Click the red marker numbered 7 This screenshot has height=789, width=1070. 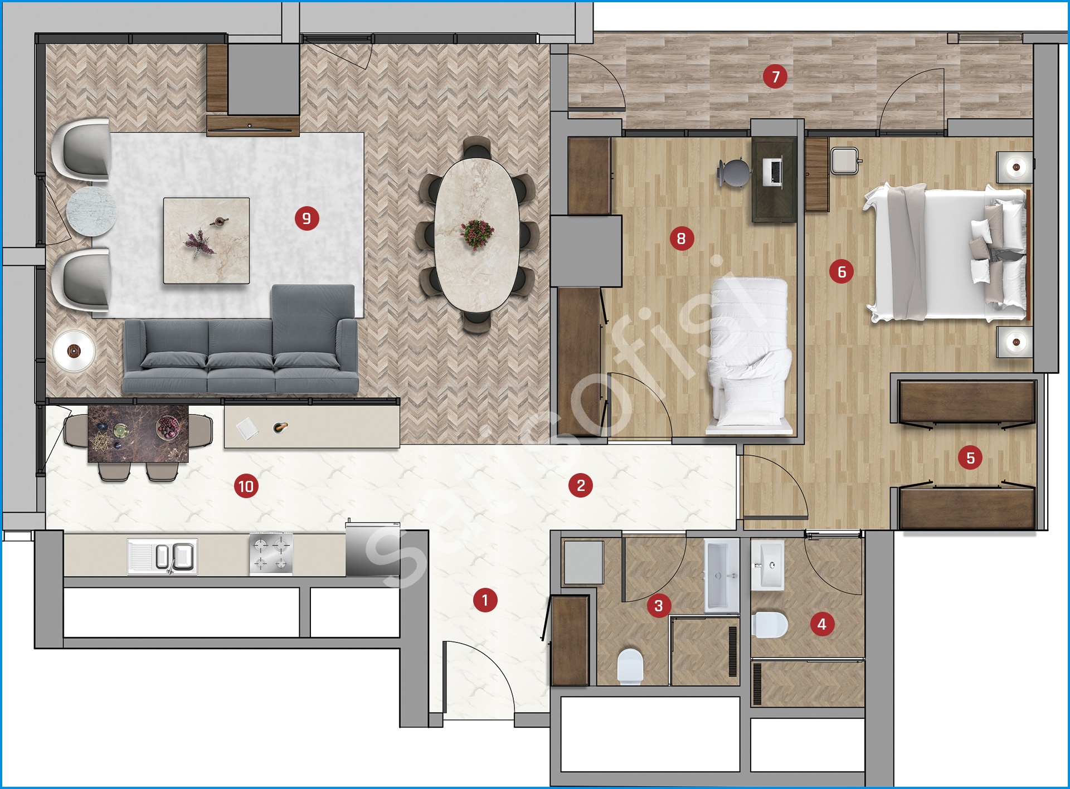click(775, 76)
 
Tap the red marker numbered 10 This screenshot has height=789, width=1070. click(246, 486)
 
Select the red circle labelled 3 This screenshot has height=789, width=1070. click(659, 605)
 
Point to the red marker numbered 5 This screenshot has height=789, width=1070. click(970, 457)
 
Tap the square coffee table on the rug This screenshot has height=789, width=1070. click(206, 241)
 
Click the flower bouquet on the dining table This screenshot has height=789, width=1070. click(477, 234)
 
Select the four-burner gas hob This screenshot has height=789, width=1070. click(271, 554)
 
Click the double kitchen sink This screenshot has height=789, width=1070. click(162, 556)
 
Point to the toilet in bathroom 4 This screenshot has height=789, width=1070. click(770, 625)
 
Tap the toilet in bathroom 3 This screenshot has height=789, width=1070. click(630, 666)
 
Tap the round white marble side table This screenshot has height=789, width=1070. click(91, 211)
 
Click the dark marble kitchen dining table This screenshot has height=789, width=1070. click(138, 434)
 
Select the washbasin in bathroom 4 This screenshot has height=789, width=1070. click(767, 567)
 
